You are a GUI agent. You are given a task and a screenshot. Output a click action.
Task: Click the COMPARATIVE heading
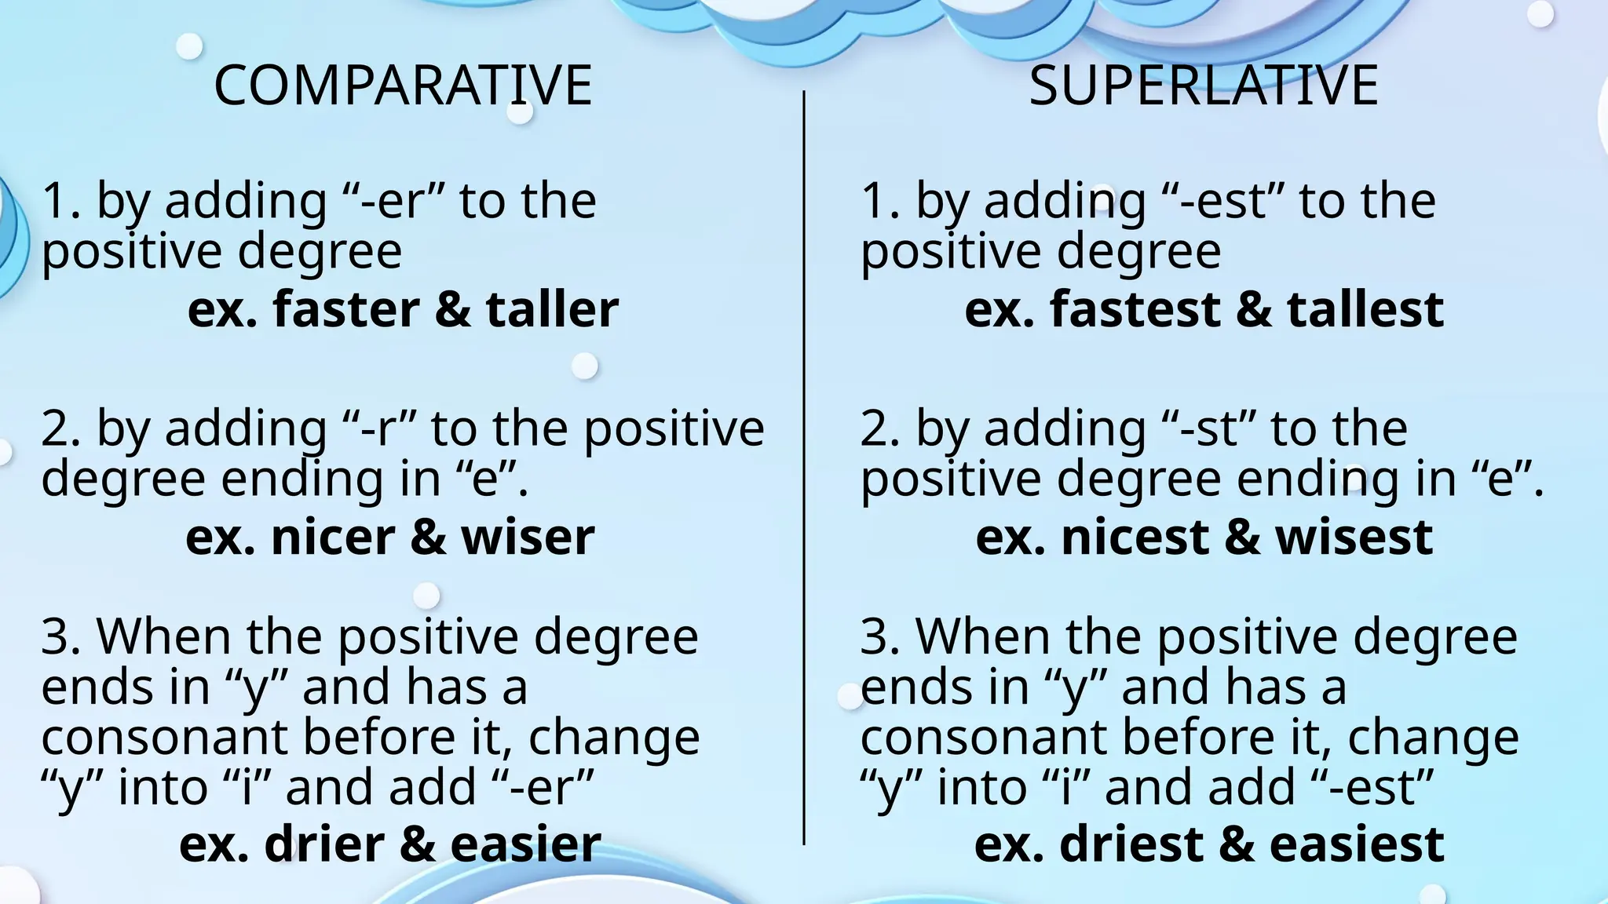403,85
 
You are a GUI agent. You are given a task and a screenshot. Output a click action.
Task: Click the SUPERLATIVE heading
1203,85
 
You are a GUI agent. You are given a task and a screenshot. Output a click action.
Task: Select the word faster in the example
346,309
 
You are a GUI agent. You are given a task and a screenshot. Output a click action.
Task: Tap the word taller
552,309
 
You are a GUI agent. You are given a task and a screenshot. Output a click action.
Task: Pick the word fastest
1135,309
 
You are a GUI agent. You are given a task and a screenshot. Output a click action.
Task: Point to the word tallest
1365,309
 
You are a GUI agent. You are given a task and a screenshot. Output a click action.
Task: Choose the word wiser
528,538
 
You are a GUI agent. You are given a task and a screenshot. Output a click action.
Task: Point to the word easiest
1356,844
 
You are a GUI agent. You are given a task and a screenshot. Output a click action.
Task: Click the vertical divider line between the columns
804,471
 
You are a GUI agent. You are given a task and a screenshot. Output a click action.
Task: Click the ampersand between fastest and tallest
1253,309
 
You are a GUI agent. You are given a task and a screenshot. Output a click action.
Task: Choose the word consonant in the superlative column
983,738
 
